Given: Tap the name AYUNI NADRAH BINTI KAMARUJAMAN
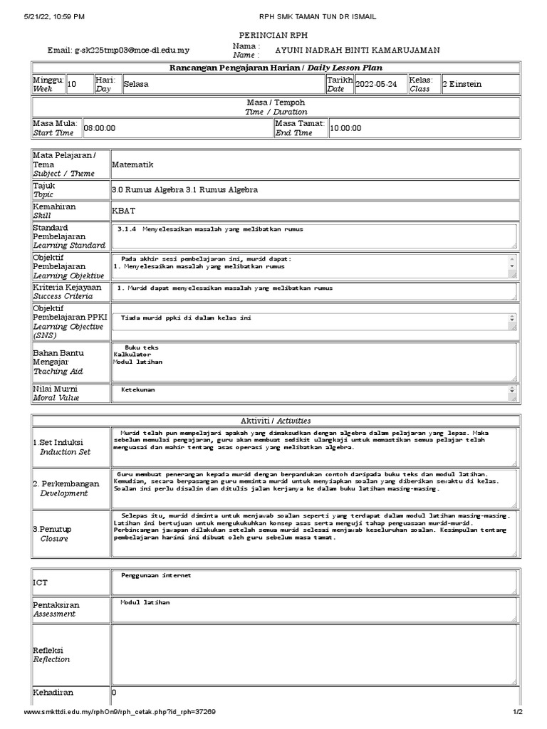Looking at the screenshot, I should pyautogui.click(x=357, y=50).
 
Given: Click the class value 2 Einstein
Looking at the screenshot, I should pyautogui.click(x=462, y=84).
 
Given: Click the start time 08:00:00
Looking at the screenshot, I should pyautogui.click(x=100, y=128).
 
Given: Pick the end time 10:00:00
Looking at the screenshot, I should pyautogui.click(x=346, y=128).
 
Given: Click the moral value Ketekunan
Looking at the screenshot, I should pyautogui.click(x=138, y=390).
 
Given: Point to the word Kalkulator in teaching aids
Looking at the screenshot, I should pyautogui.click(x=132, y=355).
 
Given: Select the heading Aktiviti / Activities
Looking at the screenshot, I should pyautogui.click(x=275, y=421).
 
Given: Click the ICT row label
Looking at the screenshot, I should pyautogui.click(x=41, y=582).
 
